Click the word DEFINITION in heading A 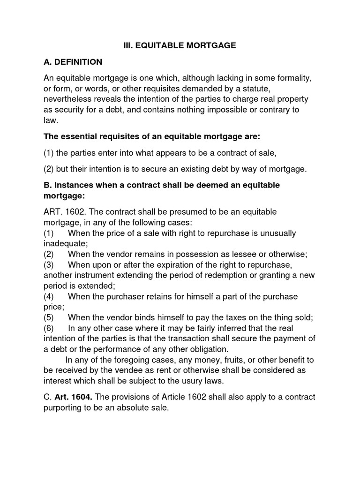[78, 62]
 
